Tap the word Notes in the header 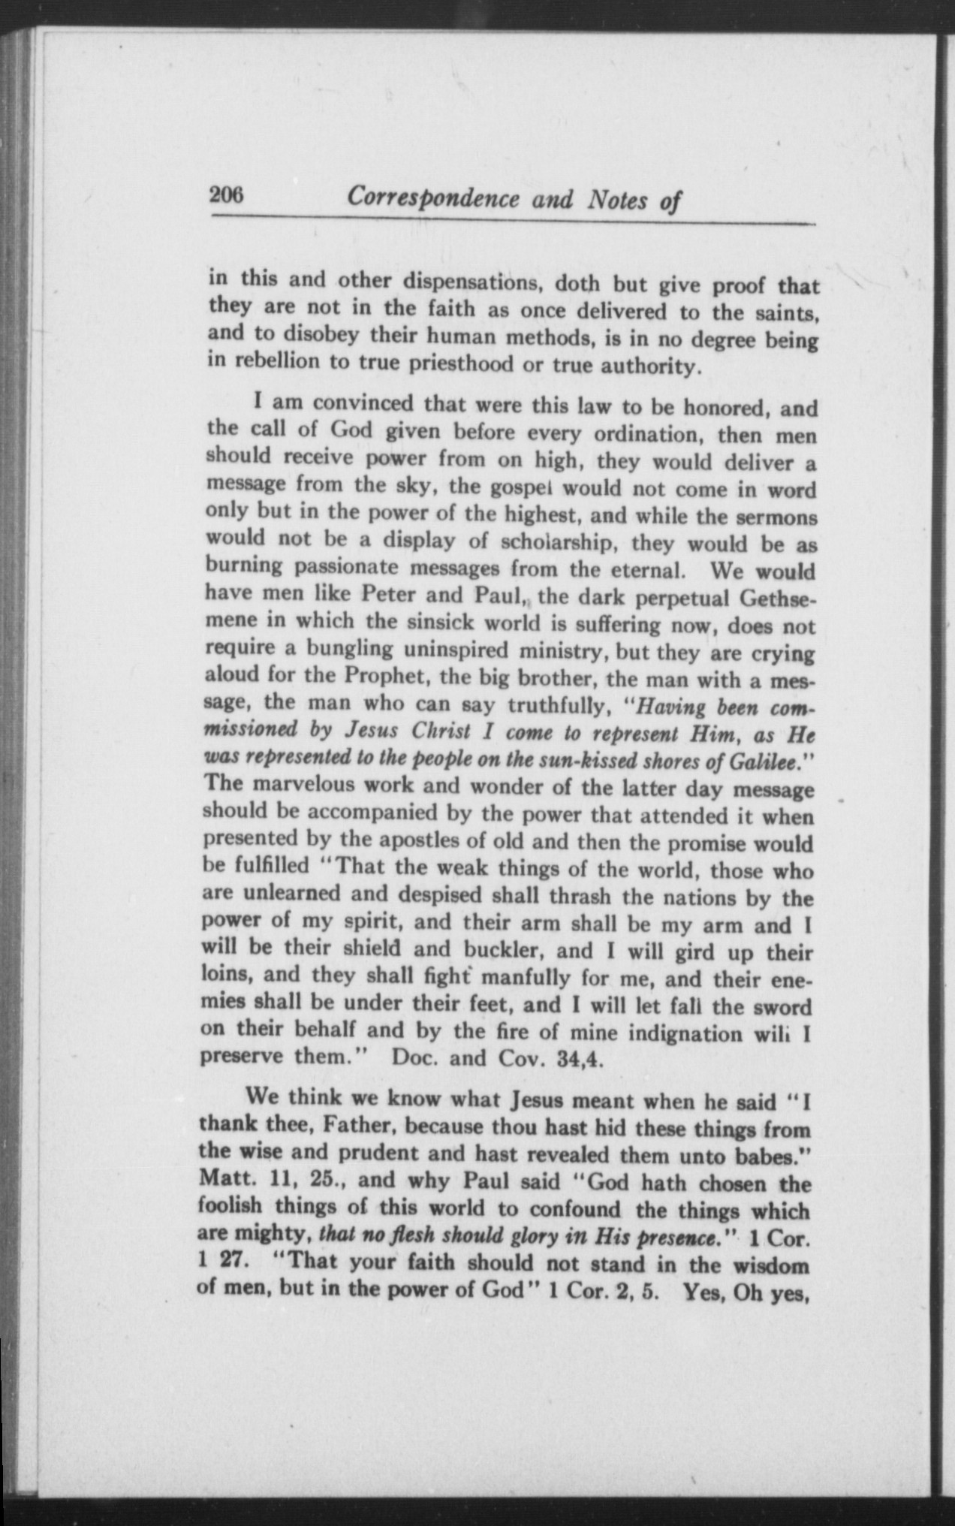(x=619, y=201)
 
